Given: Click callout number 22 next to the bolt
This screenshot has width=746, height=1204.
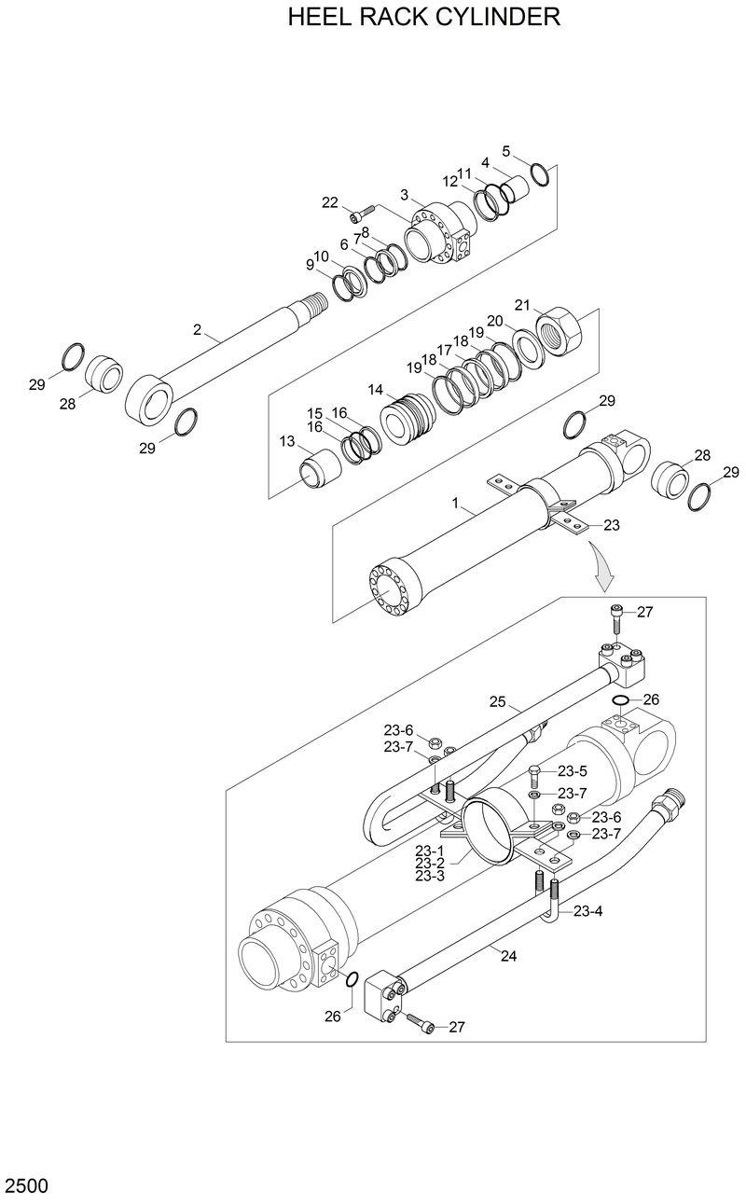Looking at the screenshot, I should pos(330,202).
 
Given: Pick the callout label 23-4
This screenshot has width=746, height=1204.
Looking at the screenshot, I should pos(587,911).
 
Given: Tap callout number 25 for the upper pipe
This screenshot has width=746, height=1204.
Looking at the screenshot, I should pos(497,700).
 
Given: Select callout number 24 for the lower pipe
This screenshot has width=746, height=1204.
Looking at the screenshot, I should pos(508,954).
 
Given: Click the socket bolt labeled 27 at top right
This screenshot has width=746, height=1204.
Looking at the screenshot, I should pos(616,616).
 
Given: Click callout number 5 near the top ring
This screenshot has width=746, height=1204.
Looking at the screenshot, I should pos(506,150).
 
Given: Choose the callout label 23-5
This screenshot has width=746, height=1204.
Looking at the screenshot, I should pos(572,771).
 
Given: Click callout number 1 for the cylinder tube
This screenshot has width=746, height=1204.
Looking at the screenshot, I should pos(456,503).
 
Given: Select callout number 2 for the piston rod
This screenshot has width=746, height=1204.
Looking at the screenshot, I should pos(197,329).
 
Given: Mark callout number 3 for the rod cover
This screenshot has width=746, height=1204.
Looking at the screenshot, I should pos(405,194).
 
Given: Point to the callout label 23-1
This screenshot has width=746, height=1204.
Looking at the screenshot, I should pos(430,851).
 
